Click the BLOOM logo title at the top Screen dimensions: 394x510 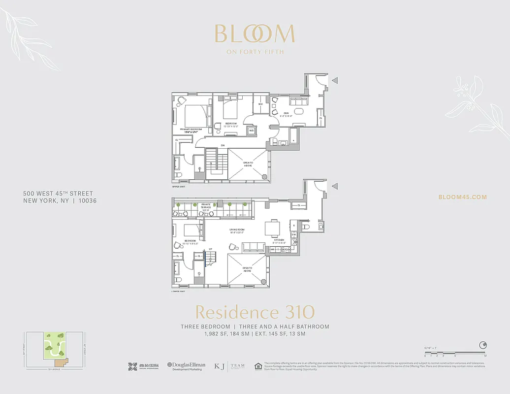pos(255,33)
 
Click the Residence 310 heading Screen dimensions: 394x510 pos(255,312)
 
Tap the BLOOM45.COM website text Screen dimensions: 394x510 pos(462,197)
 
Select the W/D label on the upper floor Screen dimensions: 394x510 pos(251,131)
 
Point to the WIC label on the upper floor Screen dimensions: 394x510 pos(260,104)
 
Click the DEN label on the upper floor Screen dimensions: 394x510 pos(285,113)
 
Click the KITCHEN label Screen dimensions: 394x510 pos(280,240)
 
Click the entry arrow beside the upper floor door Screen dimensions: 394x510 pos(334,81)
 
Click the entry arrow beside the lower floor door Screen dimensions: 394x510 pos(334,186)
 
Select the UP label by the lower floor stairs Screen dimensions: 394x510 pos(211,249)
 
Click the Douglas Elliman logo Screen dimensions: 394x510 pos(187,366)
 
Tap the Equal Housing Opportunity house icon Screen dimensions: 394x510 pos(257,366)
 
